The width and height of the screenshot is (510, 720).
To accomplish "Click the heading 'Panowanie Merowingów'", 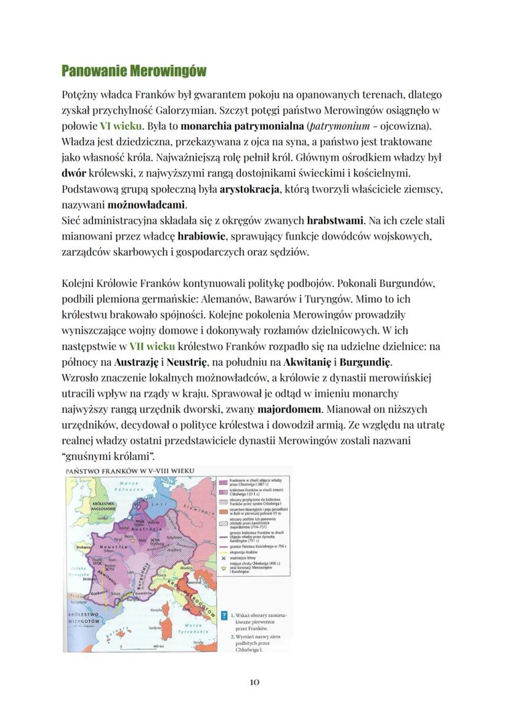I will click(134, 71).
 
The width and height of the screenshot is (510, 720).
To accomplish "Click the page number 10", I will click(255, 682).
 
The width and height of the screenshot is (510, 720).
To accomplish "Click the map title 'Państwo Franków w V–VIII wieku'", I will click(129, 472).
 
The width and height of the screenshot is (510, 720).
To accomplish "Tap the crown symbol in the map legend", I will click(223, 570).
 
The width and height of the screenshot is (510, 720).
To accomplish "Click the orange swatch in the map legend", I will click(223, 511).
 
